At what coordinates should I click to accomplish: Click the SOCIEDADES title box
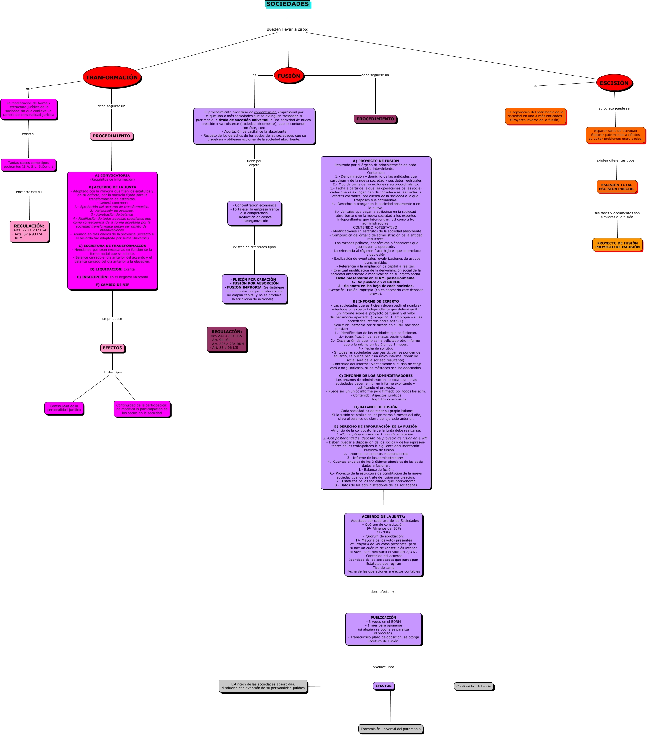pyautogui.click(x=287, y=4)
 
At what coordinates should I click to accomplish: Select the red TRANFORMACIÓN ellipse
pyautogui.click(x=112, y=77)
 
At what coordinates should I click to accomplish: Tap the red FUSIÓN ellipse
pyautogui.click(x=288, y=76)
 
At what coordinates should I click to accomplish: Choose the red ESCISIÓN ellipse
pyautogui.click(x=614, y=83)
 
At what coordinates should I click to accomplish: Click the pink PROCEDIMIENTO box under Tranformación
pyautogui.click(x=111, y=136)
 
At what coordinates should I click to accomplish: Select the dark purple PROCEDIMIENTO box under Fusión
pyautogui.click(x=375, y=119)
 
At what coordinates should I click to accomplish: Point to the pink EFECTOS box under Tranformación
pyautogui.click(x=112, y=348)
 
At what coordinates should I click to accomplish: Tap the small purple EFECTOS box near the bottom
pyautogui.click(x=383, y=686)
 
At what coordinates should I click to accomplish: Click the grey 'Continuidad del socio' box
pyautogui.click(x=474, y=686)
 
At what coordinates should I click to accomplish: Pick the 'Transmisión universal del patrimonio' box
pyautogui.click(x=390, y=729)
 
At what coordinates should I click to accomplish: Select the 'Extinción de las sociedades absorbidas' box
pyautogui.click(x=263, y=686)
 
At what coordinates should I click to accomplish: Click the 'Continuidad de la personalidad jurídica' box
pyautogui.click(x=64, y=408)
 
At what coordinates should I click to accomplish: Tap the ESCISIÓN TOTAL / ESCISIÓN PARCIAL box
pyautogui.click(x=616, y=187)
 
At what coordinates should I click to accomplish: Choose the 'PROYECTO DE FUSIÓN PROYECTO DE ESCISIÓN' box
pyautogui.click(x=617, y=245)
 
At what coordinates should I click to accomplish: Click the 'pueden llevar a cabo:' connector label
pyautogui.click(x=287, y=29)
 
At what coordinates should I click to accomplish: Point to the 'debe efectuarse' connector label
pyautogui.click(x=383, y=592)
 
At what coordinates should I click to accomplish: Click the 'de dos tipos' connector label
pyautogui.click(x=112, y=372)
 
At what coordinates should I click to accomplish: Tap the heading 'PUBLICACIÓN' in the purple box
pyautogui.click(x=383, y=617)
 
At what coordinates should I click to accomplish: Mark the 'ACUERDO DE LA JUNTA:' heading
pyautogui.click(x=383, y=517)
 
